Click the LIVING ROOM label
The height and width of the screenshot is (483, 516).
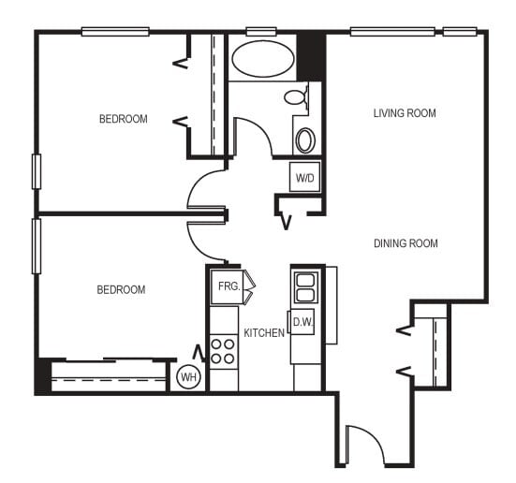pos(405,113)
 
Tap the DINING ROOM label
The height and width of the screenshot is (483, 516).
pos(405,243)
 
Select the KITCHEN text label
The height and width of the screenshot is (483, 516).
pos(263,332)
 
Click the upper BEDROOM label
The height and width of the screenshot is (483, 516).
pos(124,119)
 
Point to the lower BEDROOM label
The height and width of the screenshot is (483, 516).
pos(121,289)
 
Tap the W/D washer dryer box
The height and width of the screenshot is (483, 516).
pos(304,176)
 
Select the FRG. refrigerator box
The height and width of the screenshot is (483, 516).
pos(226,286)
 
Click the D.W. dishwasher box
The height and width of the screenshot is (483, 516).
pos(302,322)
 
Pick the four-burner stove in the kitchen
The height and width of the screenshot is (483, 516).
pos(223,351)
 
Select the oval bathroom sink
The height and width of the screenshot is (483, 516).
pos(306,140)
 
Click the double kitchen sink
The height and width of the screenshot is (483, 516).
pos(305,286)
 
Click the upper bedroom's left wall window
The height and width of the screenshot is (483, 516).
pos(37,171)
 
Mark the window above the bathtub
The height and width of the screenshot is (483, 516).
pos(254,31)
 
